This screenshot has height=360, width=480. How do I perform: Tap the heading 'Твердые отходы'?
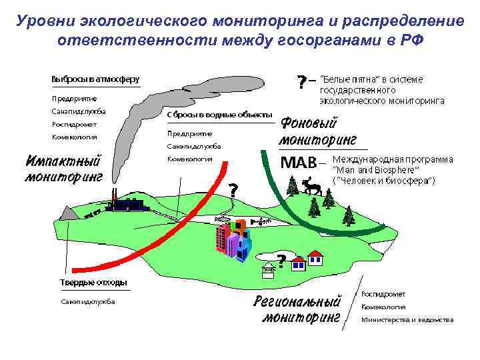[x=89, y=282]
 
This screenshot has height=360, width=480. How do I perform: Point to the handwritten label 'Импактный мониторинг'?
[x=64, y=169]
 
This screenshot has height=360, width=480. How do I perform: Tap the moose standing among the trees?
[x=311, y=186]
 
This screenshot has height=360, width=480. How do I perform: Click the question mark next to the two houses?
[x=281, y=260]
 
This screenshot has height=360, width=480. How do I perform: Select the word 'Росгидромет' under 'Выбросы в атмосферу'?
[x=74, y=124]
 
